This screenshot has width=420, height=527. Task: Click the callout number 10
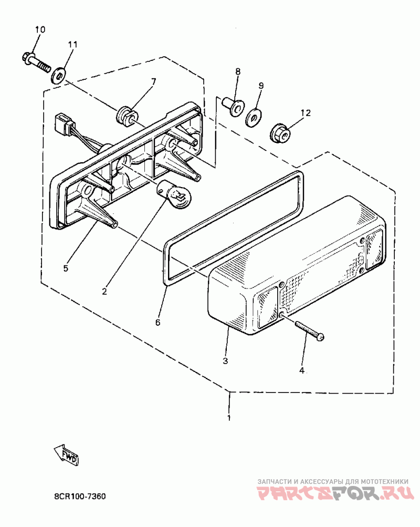coord(40,29)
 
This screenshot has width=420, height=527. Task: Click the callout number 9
coord(261,86)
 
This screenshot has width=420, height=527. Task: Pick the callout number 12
coord(305,112)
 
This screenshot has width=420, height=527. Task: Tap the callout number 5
coord(66,268)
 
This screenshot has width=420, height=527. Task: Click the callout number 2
coord(104,291)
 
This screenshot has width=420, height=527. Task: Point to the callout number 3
coord(225,361)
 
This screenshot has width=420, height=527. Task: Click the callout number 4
coord(301,370)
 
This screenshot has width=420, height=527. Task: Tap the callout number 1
coord(228,418)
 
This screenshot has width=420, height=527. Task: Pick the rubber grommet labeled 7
coord(127,114)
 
